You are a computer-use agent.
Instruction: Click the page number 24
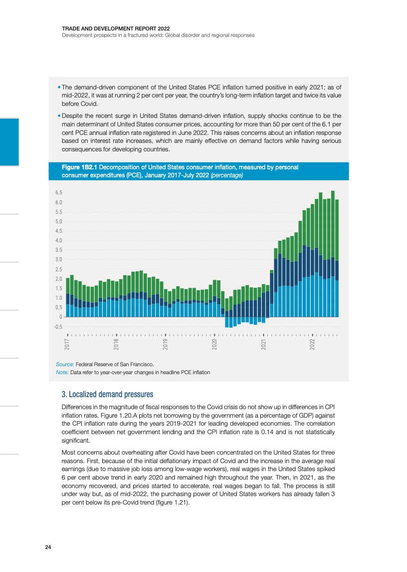[x=48, y=548]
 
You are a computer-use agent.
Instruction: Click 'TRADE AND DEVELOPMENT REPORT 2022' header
[x=108, y=28]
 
